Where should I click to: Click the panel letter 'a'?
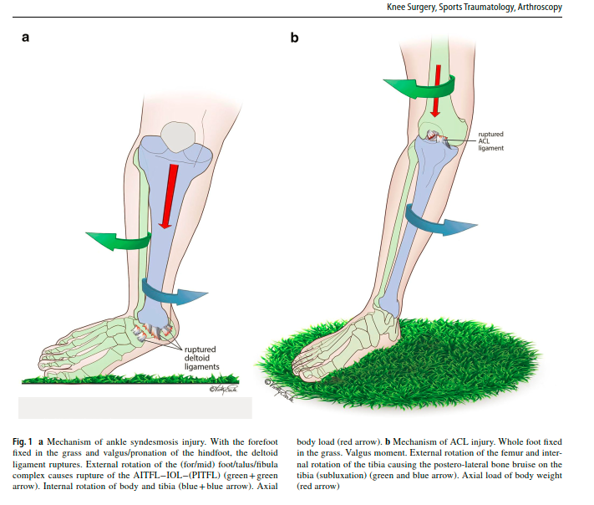pos(27,37)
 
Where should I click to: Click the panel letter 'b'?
pos(294,37)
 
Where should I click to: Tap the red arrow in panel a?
pos(168,196)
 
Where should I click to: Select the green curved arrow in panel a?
pos(117,241)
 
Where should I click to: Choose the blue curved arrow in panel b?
pos(443,223)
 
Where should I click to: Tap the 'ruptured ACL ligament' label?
pos(490,140)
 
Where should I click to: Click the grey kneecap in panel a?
pos(179,136)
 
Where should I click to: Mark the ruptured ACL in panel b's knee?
pos(435,137)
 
